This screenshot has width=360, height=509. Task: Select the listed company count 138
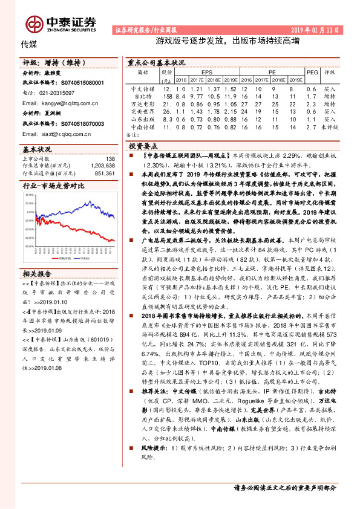tap(110, 158)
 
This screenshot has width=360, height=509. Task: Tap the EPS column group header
tap(206, 71)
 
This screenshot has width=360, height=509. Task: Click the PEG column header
tap(313, 71)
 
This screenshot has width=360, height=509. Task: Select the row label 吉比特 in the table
tap(143, 96)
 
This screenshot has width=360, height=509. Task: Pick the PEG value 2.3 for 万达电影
tap(313, 104)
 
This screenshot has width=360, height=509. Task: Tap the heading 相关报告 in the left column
tap(35, 257)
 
